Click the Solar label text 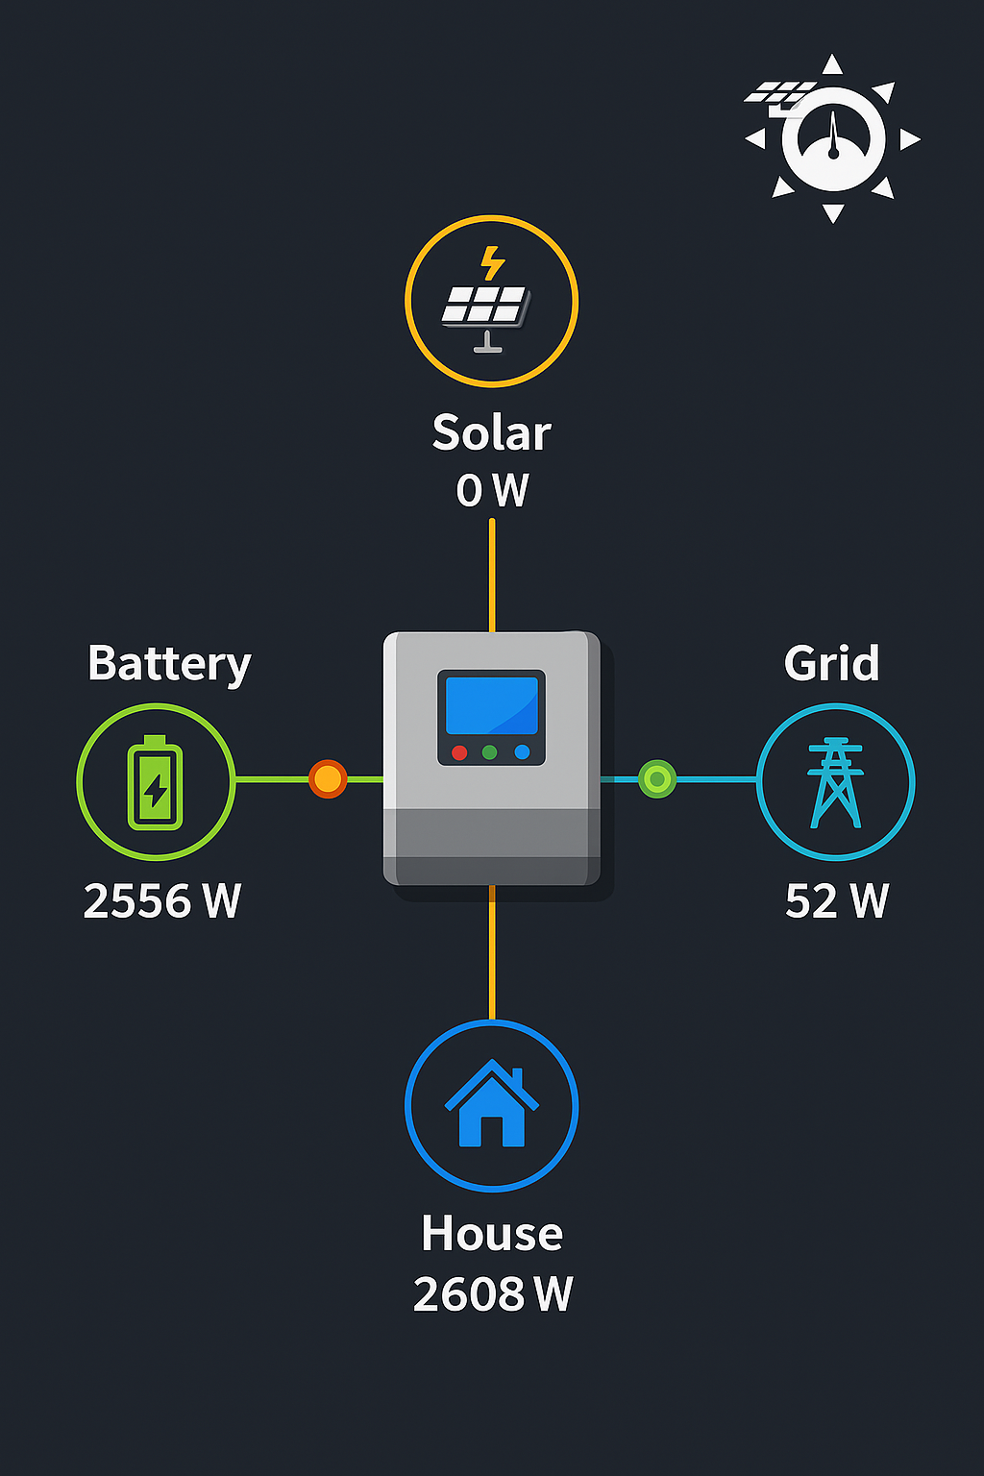point(491,433)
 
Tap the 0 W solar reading point(492,490)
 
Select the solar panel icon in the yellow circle point(488,306)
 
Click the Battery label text point(169,664)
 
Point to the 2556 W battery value point(161,901)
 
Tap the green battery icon point(156,782)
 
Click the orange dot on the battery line point(328,779)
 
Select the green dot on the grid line point(657,778)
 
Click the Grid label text point(831,663)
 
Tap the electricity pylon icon point(835,782)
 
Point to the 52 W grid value point(836,901)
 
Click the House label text point(491,1234)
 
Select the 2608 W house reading point(492,1294)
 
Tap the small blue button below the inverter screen point(522,752)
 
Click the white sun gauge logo point(832,139)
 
